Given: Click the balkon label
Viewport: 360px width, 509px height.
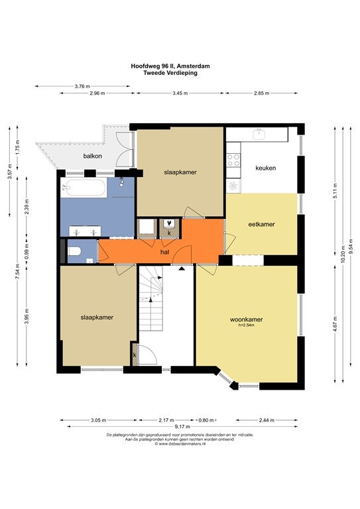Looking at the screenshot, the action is pyautogui.click(x=93, y=156).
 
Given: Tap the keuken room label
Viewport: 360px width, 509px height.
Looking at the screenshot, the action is pyautogui.click(x=266, y=168).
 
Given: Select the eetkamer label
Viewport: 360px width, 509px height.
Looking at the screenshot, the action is pyautogui.click(x=261, y=224).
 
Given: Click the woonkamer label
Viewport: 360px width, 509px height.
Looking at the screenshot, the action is pyautogui.click(x=247, y=319).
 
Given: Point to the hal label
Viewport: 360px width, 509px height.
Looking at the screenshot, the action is pyautogui.click(x=165, y=252).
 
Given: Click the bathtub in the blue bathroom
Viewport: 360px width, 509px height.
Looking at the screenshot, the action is pyautogui.click(x=84, y=188).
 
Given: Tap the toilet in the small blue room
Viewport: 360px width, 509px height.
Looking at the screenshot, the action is pyautogui.click(x=76, y=252).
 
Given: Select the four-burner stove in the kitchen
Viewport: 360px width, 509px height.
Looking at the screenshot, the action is pyautogui.click(x=233, y=160).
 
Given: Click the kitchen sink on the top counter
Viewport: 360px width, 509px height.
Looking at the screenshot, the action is pyautogui.click(x=259, y=134).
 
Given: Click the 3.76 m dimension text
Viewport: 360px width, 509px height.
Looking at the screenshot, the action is pyautogui.click(x=82, y=86).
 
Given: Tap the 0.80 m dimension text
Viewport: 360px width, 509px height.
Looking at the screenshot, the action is pyautogui.click(x=206, y=420).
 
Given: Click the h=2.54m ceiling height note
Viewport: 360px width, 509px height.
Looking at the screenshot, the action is pyautogui.click(x=247, y=325).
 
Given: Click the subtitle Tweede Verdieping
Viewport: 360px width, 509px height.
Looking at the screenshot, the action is pyautogui.click(x=170, y=73).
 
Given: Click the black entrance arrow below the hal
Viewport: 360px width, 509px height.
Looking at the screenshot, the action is pyautogui.click(x=182, y=268).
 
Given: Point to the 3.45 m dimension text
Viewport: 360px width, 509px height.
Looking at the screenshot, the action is pyautogui.click(x=180, y=93).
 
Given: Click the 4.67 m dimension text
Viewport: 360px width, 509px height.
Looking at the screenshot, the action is pyautogui.click(x=335, y=324).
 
